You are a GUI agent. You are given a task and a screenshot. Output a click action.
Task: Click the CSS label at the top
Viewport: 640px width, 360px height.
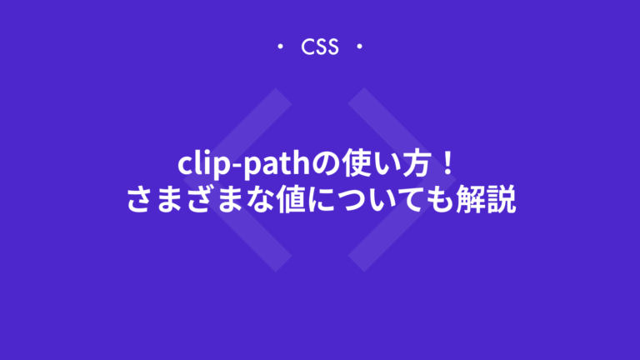click(320, 47)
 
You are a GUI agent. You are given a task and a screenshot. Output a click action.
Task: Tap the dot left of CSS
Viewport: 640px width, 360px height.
click(280, 47)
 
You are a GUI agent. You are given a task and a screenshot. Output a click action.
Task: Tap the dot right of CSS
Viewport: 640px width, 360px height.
click(359, 47)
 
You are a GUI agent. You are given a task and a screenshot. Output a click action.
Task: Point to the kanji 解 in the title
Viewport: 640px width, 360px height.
click(475, 200)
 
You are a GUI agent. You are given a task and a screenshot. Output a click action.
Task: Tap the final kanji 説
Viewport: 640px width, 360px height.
click(502, 200)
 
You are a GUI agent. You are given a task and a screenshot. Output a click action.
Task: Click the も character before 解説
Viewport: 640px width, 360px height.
click(448, 200)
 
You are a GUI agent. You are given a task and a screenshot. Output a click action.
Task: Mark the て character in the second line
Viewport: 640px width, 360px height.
click(421, 200)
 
